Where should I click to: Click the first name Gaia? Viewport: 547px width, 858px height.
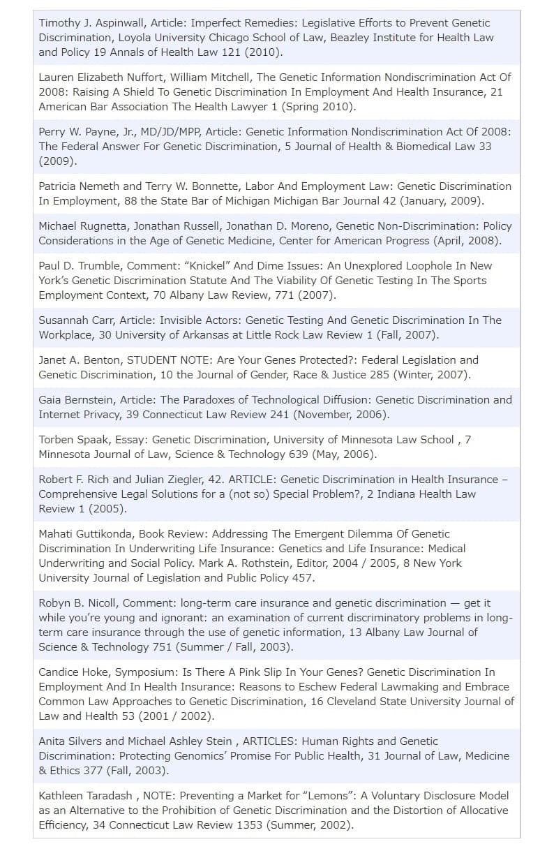[50, 400]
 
